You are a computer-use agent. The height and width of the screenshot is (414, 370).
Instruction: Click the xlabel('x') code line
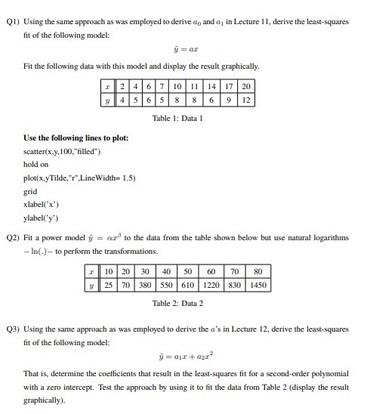pyautogui.click(x=42, y=203)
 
